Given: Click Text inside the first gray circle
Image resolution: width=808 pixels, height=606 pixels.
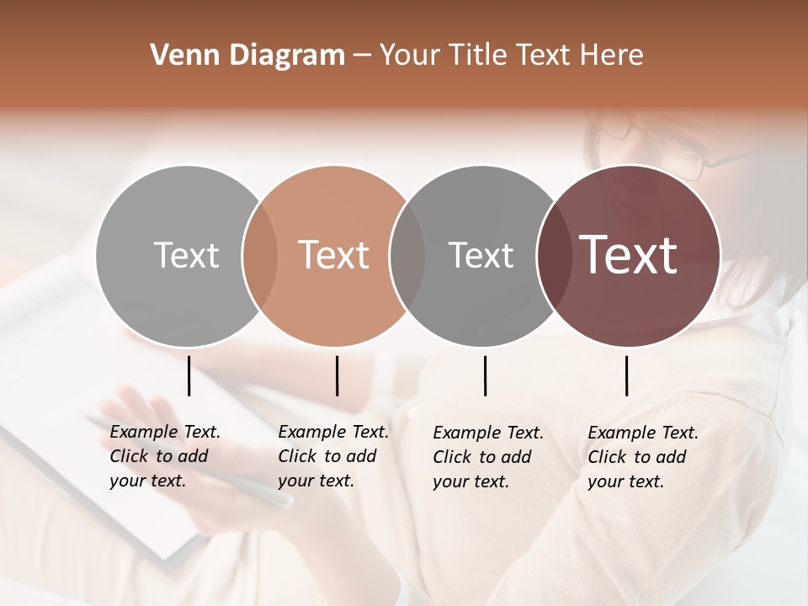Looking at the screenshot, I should (186, 255).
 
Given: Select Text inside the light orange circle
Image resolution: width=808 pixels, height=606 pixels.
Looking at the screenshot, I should (334, 255).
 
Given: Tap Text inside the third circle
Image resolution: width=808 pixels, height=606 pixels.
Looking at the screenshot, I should (481, 255).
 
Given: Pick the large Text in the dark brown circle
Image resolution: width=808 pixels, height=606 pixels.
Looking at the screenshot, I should (629, 255).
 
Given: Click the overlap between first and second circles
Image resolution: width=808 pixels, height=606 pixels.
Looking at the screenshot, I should (260, 255).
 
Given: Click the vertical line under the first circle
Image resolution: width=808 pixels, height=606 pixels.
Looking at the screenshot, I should (189, 375).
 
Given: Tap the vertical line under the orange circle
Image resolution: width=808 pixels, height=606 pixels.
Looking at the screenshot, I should (337, 375).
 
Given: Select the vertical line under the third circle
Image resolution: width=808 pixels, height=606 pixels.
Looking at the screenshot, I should (485, 375).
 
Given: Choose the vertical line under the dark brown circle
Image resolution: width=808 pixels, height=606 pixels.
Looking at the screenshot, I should (626, 375).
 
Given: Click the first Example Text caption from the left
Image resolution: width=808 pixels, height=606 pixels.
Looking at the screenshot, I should (164, 456).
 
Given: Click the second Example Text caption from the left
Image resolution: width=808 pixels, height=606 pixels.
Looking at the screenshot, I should (332, 456).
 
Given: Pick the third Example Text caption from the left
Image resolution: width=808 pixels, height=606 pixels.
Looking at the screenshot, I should (487, 457).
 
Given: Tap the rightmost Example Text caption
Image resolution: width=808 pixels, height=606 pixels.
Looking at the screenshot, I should (642, 457).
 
